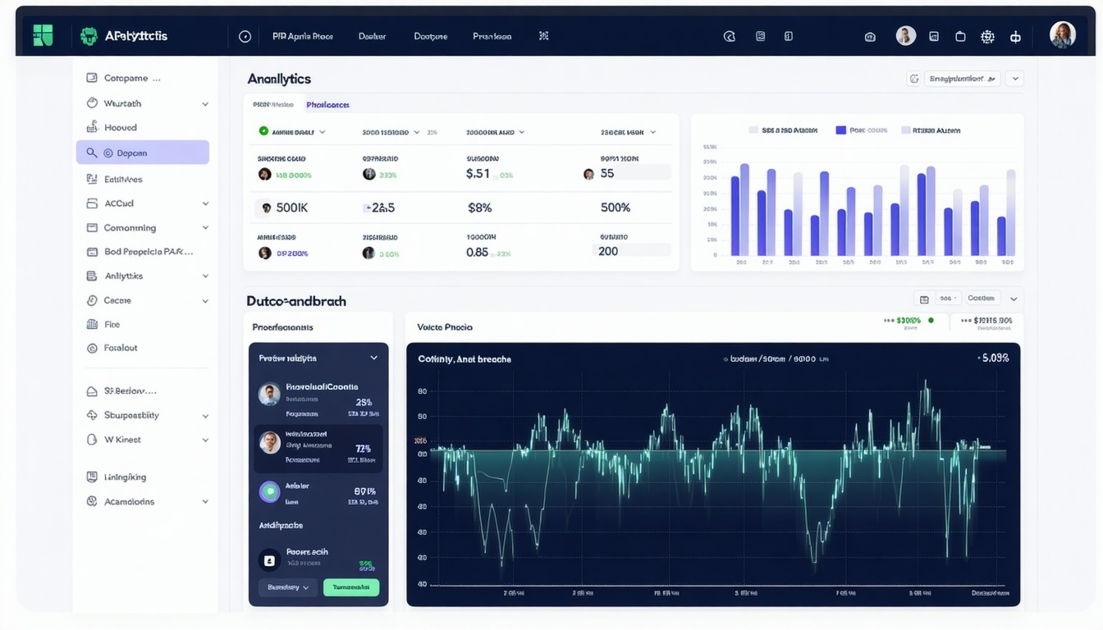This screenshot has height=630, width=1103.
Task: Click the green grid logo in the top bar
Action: click(x=43, y=35)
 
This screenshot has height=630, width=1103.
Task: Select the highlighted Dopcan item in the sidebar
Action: click(x=142, y=153)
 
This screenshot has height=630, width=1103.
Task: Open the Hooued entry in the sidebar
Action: click(x=120, y=128)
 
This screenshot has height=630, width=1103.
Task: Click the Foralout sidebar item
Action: click(x=120, y=348)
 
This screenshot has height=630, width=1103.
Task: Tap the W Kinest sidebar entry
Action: click(x=122, y=440)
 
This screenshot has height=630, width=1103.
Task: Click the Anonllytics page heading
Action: click(x=279, y=79)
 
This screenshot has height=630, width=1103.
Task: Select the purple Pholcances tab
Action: click(x=327, y=105)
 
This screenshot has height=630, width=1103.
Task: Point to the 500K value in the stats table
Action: click(x=291, y=208)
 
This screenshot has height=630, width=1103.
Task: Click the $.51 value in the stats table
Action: click(x=478, y=174)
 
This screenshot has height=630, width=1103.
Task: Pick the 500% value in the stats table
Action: click(x=615, y=208)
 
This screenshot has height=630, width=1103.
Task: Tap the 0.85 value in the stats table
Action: click(x=477, y=253)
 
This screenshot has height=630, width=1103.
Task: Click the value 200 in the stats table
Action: click(x=608, y=252)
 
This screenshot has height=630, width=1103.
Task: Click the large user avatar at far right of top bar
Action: click(x=1063, y=35)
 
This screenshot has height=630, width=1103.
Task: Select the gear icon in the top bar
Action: click(x=987, y=37)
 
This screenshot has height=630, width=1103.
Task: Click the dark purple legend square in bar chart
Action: click(x=840, y=130)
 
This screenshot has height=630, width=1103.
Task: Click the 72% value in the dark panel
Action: click(x=363, y=449)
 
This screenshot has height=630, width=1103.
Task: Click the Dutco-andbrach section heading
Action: click(x=296, y=301)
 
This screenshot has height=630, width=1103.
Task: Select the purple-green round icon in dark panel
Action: click(x=269, y=491)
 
